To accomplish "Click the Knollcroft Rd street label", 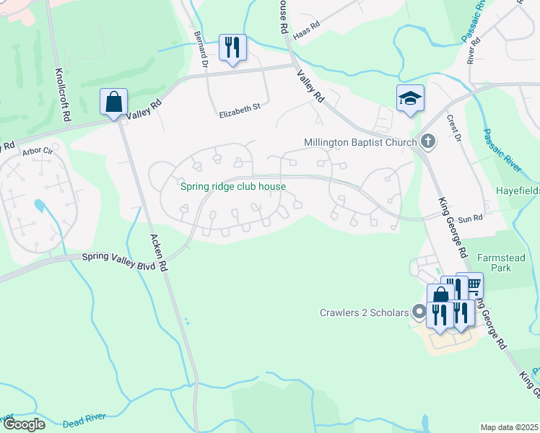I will [x=64, y=85].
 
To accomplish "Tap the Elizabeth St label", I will [x=239, y=109].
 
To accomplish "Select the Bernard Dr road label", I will [x=200, y=45].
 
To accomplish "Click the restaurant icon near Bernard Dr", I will [x=232, y=48].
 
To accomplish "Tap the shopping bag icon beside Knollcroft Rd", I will [x=114, y=102].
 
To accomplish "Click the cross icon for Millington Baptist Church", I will [x=427, y=141].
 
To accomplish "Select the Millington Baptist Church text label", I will [x=360, y=142].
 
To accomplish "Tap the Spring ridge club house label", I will [x=232, y=186].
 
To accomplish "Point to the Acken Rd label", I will [x=158, y=253].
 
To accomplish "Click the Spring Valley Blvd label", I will [x=118, y=256].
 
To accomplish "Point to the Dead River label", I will [x=85, y=418].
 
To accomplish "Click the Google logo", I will [x=23, y=424].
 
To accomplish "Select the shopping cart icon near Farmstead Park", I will [x=472, y=284].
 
